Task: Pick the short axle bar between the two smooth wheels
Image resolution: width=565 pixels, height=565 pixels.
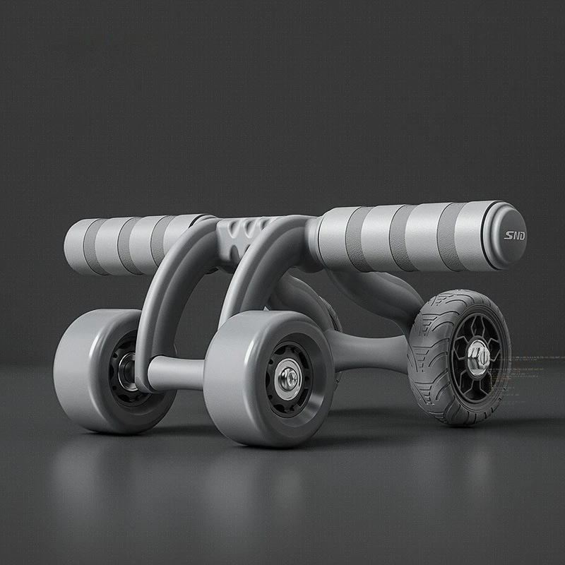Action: click(x=177, y=371)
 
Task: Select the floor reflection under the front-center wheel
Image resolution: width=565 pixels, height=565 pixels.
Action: click(x=268, y=480)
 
